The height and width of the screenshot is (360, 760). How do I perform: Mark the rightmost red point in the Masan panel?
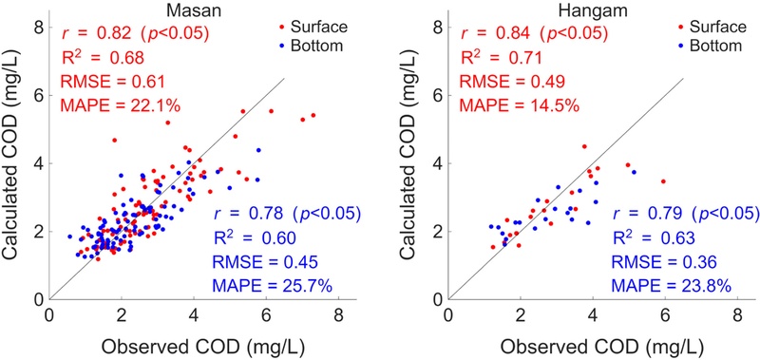(x=313, y=115)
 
